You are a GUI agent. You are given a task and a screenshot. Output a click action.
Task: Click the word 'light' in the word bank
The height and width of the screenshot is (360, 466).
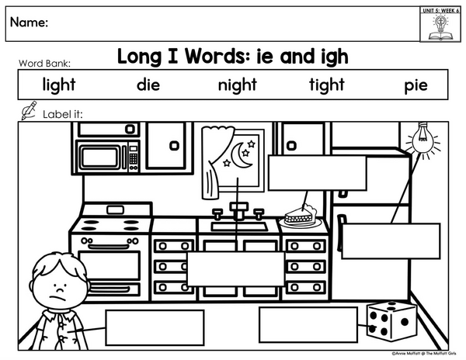point(59,85)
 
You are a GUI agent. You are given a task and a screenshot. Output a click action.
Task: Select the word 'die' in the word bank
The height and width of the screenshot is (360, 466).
point(148,85)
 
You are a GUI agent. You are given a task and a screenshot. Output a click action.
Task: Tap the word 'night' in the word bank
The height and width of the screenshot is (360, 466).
point(237,85)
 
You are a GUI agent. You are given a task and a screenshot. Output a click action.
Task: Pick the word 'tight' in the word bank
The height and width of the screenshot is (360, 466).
point(327,85)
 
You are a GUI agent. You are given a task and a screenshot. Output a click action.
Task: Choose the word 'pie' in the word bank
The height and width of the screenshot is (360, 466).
point(416,86)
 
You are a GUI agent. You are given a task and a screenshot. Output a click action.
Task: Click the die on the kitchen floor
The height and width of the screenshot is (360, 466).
point(391,322)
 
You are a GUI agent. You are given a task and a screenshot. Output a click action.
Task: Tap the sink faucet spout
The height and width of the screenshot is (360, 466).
point(238,211)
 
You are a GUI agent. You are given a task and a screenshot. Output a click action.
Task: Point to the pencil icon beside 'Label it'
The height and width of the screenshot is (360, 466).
point(30,110)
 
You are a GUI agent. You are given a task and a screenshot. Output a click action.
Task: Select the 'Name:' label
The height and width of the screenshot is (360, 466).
point(30,22)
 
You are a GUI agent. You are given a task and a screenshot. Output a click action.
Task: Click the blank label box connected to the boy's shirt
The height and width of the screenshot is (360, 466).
point(155,327)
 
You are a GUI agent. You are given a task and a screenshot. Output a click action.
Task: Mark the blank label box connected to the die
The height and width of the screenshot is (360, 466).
point(308,324)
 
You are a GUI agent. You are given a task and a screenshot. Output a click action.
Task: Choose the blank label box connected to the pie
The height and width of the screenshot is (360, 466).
point(318,173)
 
